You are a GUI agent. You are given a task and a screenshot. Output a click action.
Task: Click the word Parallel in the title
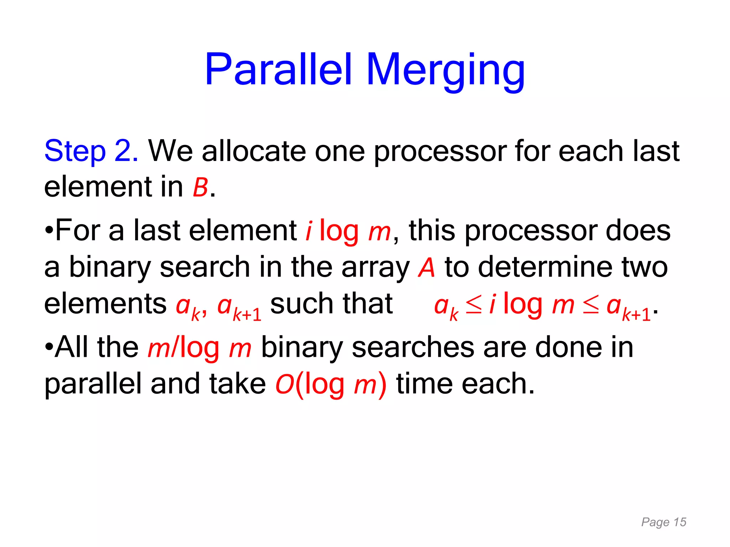click(278, 69)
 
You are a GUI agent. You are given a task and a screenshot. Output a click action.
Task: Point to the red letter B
click(200, 188)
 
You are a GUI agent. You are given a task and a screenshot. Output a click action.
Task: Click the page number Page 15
click(663, 522)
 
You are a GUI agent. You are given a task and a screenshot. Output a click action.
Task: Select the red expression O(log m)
click(331, 385)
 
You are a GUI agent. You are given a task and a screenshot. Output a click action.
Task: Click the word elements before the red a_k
click(105, 304)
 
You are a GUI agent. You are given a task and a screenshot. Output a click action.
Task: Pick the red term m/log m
click(200, 348)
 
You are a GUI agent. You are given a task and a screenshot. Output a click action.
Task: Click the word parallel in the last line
click(93, 385)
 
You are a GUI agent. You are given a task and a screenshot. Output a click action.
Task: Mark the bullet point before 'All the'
click(49, 347)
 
